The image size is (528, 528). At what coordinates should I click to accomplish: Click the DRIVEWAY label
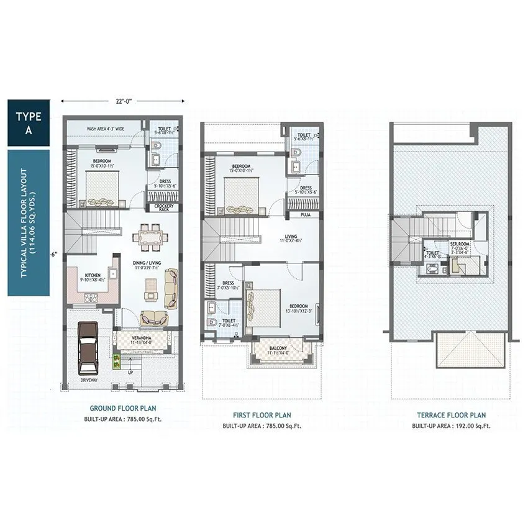point(91,380)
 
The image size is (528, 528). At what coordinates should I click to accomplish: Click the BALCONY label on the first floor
point(278,348)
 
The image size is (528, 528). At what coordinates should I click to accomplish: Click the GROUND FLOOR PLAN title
point(123,408)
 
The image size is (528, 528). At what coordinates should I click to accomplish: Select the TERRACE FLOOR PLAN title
point(452,415)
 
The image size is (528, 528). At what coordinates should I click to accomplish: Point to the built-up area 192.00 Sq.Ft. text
point(452,426)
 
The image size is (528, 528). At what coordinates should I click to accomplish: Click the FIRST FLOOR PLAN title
point(261,415)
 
